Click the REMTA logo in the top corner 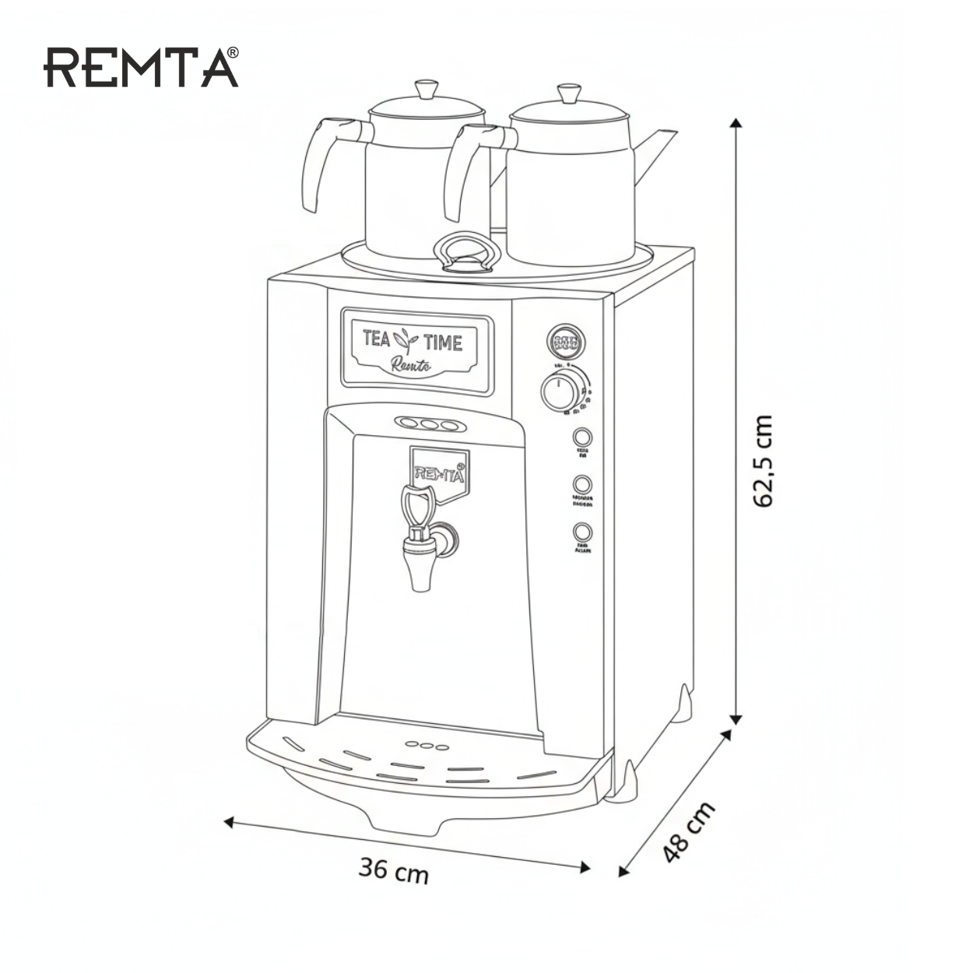141,67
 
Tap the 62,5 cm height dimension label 764,461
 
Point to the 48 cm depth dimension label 688,832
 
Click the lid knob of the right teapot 568,93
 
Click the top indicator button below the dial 582,437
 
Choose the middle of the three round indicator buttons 582,485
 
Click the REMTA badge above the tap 438,469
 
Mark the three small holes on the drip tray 427,745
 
